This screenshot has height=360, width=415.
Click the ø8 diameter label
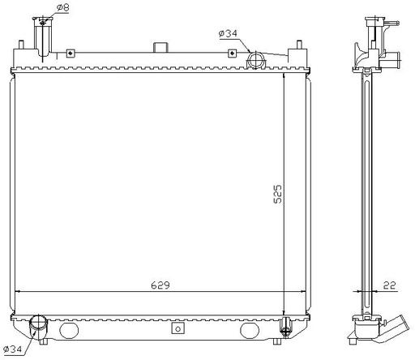(x=63, y=7)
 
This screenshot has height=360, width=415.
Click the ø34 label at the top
(x=228, y=33)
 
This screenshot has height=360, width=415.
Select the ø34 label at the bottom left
(x=13, y=349)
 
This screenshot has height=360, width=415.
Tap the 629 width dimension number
(x=160, y=285)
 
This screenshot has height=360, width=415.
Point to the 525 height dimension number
(x=277, y=194)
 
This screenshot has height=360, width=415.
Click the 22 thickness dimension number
(x=389, y=285)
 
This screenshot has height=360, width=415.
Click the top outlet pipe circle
(x=255, y=60)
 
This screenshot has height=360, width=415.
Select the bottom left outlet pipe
(x=38, y=327)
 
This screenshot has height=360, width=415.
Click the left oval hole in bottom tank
(x=69, y=330)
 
